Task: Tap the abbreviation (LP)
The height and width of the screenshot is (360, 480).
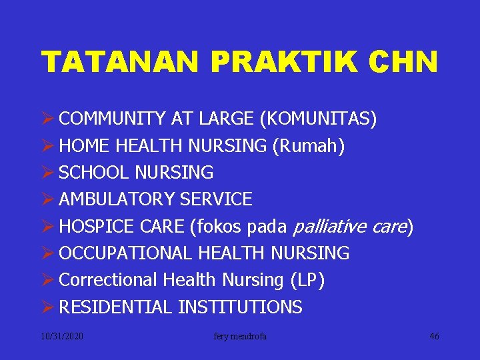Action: tap(307, 280)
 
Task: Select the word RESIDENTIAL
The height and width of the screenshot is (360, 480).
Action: tap(116, 307)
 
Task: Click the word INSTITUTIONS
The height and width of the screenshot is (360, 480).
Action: tap(240, 307)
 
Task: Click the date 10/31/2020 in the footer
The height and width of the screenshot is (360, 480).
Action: tap(61, 337)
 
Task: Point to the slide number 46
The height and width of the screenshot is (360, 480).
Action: tap(434, 337)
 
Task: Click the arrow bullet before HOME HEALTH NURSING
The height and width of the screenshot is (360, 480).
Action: tap(48, 146)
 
